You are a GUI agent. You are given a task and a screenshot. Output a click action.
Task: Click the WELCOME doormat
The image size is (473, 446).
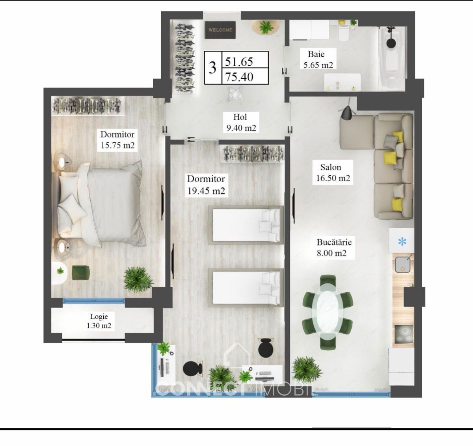[x=220, y=30]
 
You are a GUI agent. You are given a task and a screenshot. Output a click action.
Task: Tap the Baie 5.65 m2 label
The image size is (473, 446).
[x=318, y=59]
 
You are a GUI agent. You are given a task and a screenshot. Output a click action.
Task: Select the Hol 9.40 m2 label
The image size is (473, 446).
[x=241, y=122]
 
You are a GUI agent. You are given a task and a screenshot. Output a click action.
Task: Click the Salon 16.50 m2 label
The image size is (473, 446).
[x=333, y=172]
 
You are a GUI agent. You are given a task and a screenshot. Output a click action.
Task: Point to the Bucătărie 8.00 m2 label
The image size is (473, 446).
[x=334, y=248]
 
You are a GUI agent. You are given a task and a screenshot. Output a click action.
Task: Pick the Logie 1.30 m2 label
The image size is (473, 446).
[x=99, y=321]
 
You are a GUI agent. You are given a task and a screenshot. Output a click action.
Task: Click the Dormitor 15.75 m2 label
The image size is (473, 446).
[x=117, y=140]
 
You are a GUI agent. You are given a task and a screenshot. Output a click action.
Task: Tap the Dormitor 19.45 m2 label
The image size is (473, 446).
[x=206, y=185]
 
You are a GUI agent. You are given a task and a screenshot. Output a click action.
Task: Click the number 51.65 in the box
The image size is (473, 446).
[x=239, y=62]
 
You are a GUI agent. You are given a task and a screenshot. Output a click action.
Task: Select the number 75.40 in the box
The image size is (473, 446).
[x=239, y=77]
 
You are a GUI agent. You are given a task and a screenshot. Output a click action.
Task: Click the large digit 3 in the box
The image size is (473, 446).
[x=212, y=68]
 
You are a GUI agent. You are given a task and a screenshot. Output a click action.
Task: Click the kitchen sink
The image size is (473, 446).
[x=402, y=265]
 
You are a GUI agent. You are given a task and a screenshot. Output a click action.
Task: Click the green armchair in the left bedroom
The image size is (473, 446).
[x=81, y=272]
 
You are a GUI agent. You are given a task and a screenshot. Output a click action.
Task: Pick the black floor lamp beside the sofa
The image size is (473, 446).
[x=347, y=111]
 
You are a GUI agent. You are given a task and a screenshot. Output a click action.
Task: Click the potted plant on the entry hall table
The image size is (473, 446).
[x=266, y=27]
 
